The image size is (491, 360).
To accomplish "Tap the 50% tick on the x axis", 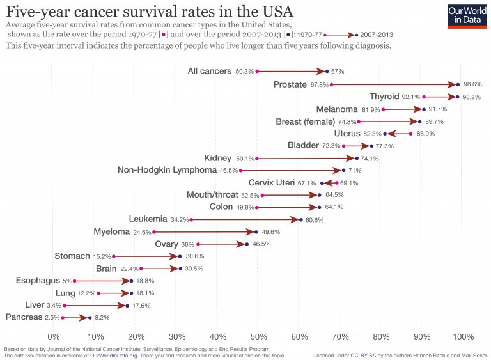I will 259,337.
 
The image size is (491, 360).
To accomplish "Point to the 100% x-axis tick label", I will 463,337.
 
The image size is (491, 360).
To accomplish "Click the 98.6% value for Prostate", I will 472,84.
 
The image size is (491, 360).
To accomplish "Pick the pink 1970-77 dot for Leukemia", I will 191,219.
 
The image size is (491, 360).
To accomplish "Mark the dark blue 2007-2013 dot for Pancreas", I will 90,317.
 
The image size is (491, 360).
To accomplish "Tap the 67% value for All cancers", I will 338,72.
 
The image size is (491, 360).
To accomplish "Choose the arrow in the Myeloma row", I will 205,231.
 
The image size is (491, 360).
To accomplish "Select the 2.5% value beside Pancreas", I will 52,317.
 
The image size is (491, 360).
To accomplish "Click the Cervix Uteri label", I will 272,182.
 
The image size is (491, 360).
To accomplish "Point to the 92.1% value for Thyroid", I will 411,97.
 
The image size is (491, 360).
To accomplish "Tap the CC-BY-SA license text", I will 363,356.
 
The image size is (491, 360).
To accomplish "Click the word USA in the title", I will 274,11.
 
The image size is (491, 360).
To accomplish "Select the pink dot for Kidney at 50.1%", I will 257,158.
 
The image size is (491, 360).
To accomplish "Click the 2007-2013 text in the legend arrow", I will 377,35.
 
